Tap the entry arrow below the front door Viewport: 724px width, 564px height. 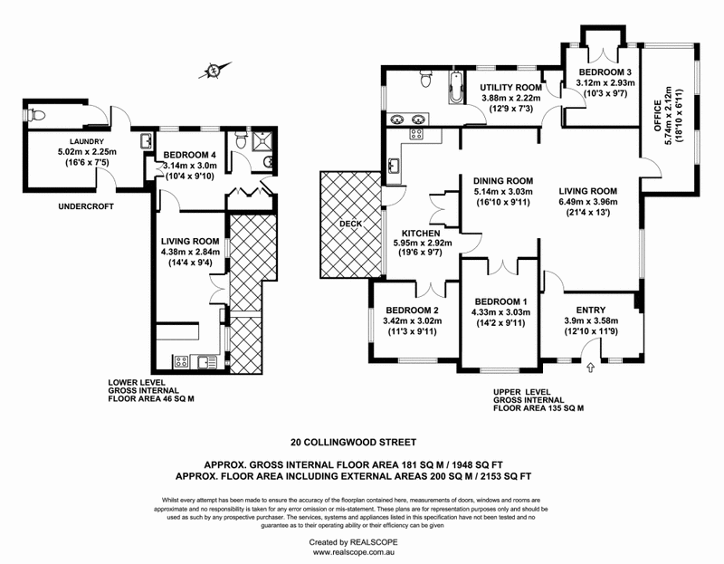click(591, 367)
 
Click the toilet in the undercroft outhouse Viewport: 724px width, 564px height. click(33, 115)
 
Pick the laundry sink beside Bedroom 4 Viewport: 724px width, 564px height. click(147, 141)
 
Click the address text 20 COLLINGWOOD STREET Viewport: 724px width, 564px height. click(354, 444)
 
